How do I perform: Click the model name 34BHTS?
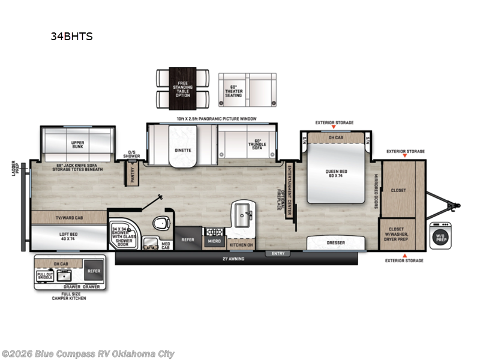click(x=72, y=36)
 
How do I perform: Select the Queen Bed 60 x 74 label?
click(x=336, y=171)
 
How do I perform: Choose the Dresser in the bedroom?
click(x=335, y=243)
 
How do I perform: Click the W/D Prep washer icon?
click(x=442, y=235)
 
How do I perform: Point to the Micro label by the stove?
click(x=214, y=241)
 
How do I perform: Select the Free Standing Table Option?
click(x=182, y=86)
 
